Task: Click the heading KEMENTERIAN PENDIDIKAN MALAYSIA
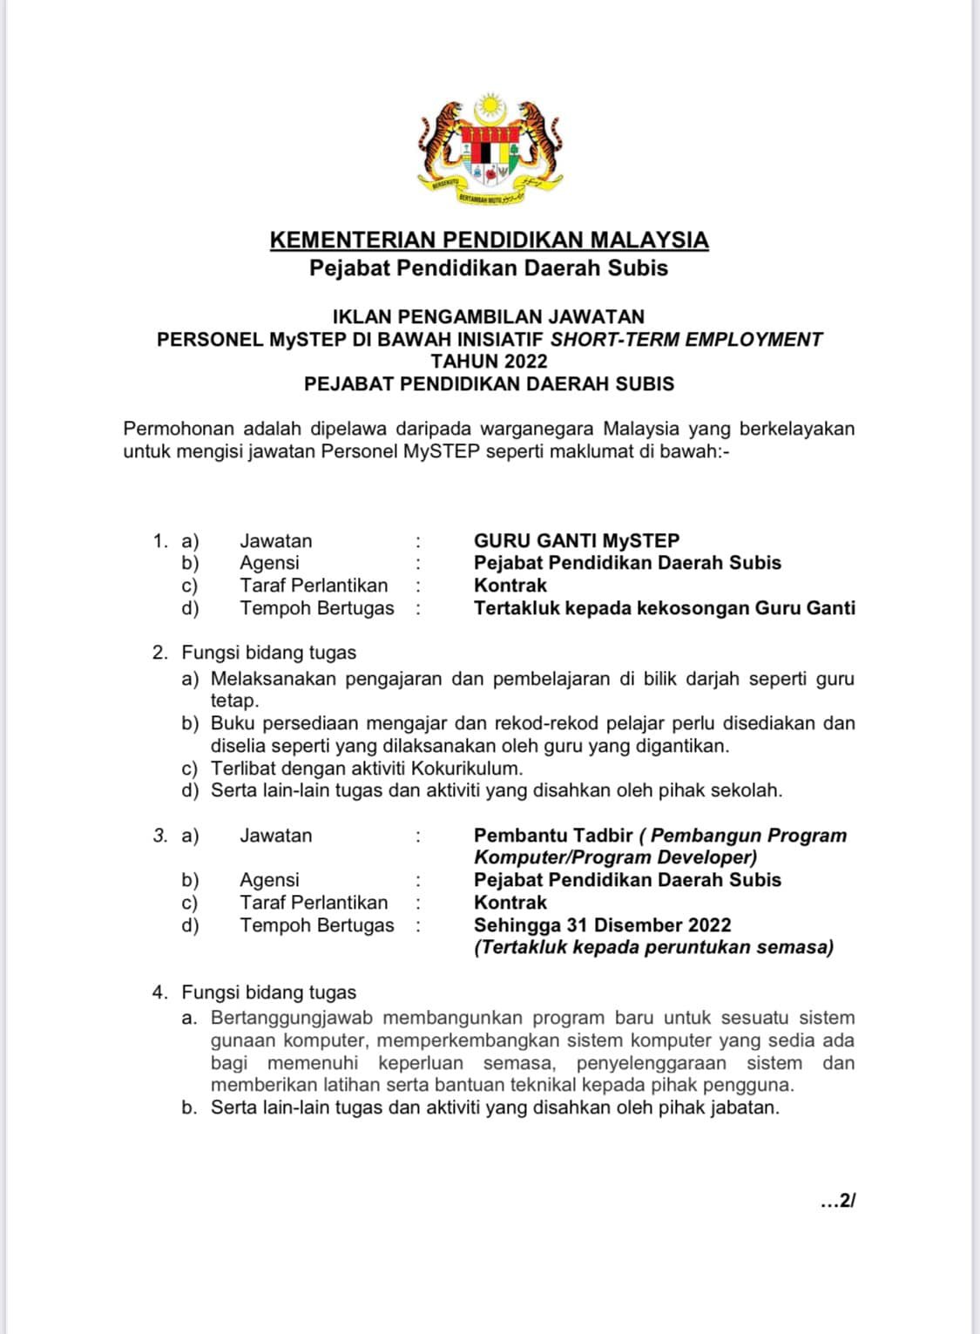coord(489,240)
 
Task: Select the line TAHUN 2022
coord(489,361)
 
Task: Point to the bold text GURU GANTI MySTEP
coord(576,540)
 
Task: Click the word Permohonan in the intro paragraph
coord(179,429)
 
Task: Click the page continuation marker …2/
coord(838,1201)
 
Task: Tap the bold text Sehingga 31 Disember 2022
coord(602,924)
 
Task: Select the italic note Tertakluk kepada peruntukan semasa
coord(653,947)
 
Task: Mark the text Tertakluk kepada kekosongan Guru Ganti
coord(664,608)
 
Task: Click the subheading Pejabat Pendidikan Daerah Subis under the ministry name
coord(489,267)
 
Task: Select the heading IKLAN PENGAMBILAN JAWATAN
coord(489,316)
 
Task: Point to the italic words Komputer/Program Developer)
coord(615,857)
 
